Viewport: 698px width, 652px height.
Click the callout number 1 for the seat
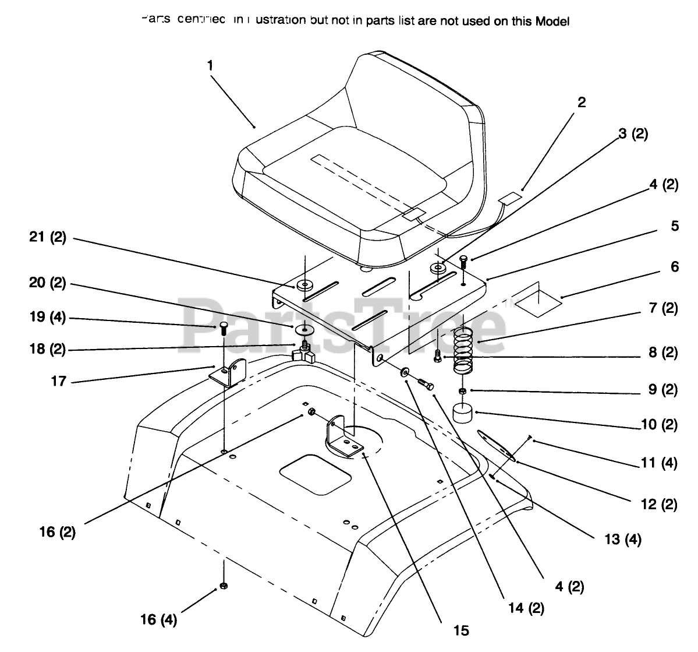pyautogui.click(x=210, y=65)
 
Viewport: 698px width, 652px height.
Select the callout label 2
pyautogui.click(x=582, y=103)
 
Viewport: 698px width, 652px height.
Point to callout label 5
pyautogui.click(x=674, y=225)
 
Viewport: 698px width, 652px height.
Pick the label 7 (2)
pyautogui.click(x=663, y=308)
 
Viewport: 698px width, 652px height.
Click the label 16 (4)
pyautogui.click(x=158, y=619)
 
